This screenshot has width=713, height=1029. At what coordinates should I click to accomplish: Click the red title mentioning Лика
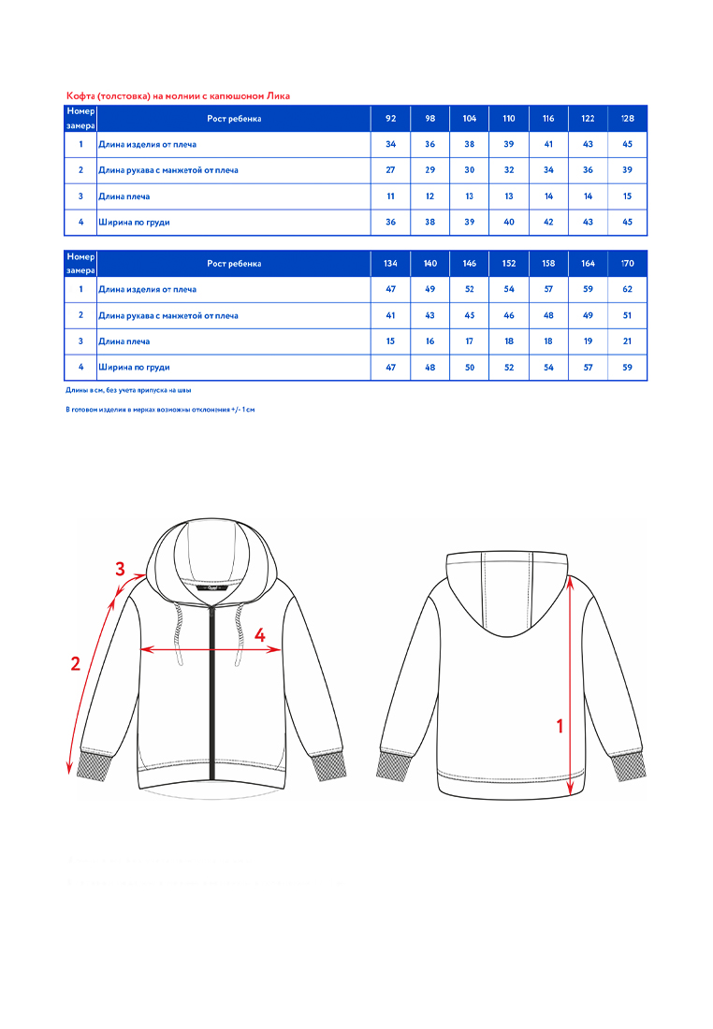coord(179,96)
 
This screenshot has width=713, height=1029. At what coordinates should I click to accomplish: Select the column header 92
coord(390,119)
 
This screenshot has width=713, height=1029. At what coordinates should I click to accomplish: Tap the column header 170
coord(627,264)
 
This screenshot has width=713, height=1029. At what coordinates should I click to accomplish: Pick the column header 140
coord(429,264)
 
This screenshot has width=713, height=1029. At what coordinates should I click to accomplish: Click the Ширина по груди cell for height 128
coord(627,223)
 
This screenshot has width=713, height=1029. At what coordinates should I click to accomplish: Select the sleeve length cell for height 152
coord(509,315)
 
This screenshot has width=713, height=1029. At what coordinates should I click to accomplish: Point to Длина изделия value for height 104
coord(469,145)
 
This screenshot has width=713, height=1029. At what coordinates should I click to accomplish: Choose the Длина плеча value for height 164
coord(588,341)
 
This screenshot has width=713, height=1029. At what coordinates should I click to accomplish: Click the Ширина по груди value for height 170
coord(627,368)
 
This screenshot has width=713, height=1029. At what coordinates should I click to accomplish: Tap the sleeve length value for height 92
coord(390,170)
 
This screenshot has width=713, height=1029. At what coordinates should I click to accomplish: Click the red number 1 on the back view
coord(560,725)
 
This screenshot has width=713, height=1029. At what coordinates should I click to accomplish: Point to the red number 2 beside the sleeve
coord(76,665)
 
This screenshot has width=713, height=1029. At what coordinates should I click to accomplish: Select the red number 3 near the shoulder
coord(120,569)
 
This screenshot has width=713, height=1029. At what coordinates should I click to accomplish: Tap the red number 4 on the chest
coord(260,635)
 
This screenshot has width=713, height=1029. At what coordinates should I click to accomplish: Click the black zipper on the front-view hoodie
coord(213,692)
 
